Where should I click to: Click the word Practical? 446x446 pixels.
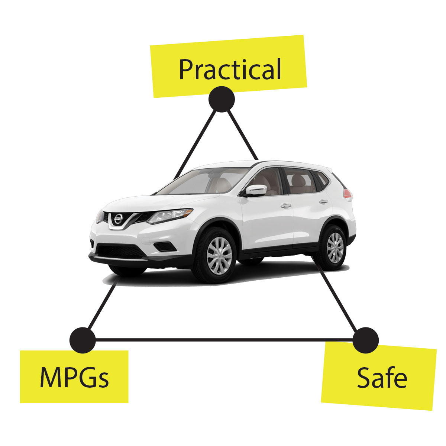pyautogui.click(x=230, y=69)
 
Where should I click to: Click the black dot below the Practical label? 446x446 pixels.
pyautogui.click(x=222, y=99)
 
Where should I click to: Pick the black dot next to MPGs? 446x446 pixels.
pyautogui.click(x=83, y=340)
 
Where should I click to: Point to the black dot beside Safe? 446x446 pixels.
pyautogui.click(x=365, y=340)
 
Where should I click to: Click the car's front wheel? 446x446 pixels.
pyautogui.click(x=219, y=256)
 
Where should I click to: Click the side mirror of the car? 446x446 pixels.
pyautogui.click(x=256, y=190)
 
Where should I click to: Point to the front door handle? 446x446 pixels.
pyautogui.click(x=286, y=205)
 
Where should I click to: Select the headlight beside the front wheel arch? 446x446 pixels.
pyautogui.click(x=169, y=216)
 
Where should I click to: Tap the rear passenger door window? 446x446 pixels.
pyautogui.click(x=299, y=181)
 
